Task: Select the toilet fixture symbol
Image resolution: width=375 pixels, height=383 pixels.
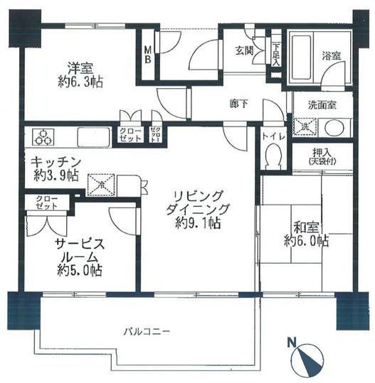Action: (271, 154)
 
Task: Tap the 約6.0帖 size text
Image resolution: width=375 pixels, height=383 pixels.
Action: (306, 242)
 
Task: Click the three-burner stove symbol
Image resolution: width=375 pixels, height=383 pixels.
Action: (42, 135)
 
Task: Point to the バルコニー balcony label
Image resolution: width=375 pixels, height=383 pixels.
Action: (145, 332)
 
